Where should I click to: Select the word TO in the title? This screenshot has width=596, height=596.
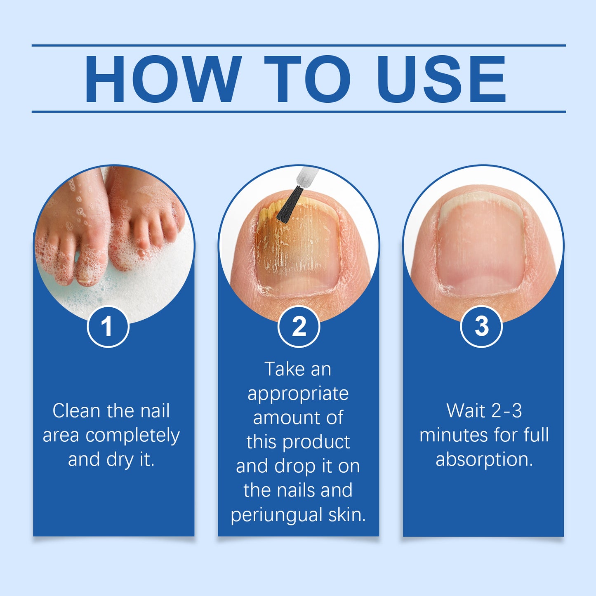pos(307,79)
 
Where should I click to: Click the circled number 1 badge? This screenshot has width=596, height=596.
pos(108,327)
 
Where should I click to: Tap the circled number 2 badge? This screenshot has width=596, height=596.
pos(299,327)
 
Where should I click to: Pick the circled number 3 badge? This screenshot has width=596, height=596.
pos(481,327)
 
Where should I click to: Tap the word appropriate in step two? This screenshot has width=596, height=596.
pos(298,393)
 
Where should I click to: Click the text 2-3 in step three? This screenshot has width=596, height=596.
pos(506,411)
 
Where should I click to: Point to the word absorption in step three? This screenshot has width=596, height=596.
pos(484,459)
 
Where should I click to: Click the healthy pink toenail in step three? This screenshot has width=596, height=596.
pos(481,247)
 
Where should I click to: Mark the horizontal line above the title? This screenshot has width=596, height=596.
pos(299,45)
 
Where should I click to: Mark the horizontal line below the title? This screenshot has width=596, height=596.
pos(299,111)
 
